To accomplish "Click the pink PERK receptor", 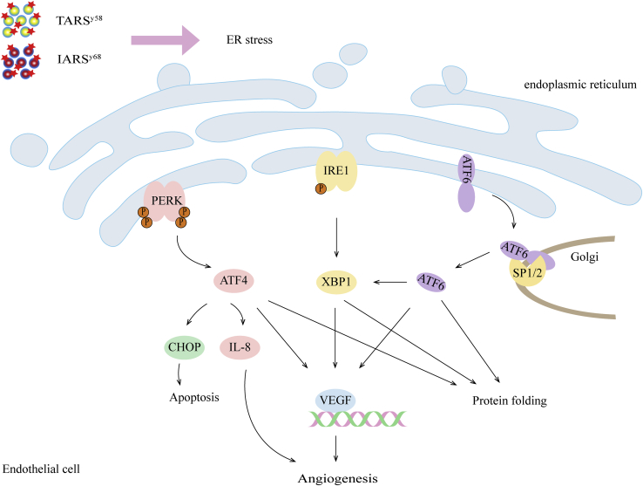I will (162, 199).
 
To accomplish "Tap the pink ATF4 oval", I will (239, 281).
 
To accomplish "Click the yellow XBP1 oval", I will (337, 282).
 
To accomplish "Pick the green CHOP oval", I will (182, 346).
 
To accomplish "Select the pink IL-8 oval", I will (240, 346).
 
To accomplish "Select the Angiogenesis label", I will (336, 477).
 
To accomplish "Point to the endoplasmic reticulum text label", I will (580, 85).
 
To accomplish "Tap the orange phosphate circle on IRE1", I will (321, 188).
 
